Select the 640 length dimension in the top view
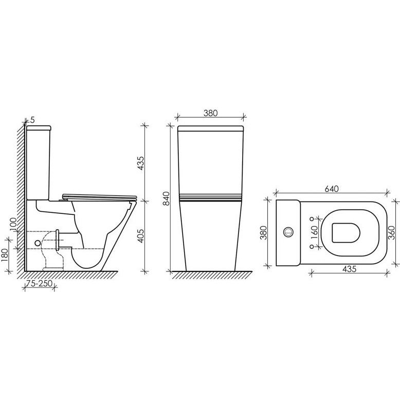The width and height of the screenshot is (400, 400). coord(331,189)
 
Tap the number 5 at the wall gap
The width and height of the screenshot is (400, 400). coord(32,120)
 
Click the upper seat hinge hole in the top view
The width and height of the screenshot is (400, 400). coord(311,219)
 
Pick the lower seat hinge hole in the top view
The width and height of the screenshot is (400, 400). coord(311,246)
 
